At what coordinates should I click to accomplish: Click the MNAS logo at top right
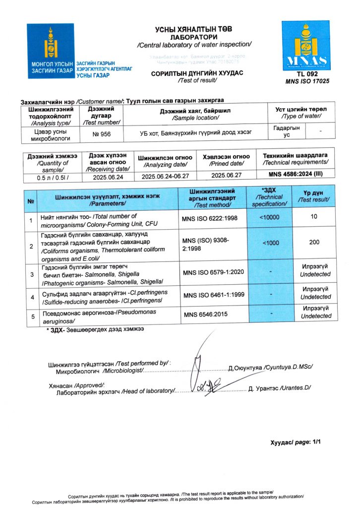coord(305,45)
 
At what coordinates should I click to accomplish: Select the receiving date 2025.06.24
coord(108,176)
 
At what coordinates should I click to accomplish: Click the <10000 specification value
coord(270,217)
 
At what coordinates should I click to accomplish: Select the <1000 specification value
coord(270,243)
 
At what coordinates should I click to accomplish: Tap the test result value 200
coord(314,243)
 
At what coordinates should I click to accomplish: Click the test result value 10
coord(314,217)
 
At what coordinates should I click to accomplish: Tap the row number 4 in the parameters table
coord(31,297)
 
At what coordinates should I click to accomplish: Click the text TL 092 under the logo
coord(304,74)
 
